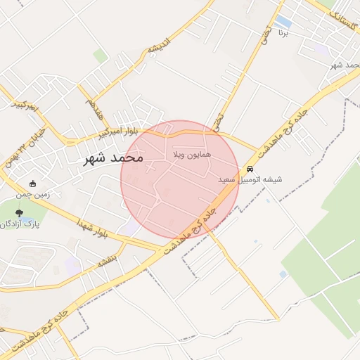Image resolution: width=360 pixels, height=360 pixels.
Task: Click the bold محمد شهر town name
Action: pos(113,157)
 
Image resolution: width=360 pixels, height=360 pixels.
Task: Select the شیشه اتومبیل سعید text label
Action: pos(250,180)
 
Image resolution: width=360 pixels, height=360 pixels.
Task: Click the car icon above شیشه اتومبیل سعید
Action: pos(250,169)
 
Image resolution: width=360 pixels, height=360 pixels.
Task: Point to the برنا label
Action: pos(283,33)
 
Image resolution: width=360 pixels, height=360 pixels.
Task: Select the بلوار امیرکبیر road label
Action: pos(122,131)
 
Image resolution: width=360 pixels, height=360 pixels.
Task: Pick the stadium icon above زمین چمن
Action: pos(33,184)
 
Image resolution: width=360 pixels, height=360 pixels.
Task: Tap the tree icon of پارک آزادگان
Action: pos(18,213)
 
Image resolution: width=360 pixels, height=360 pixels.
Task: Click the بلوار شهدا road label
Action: pos(93,229)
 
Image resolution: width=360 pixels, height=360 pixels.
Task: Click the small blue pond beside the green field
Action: pos(283,274)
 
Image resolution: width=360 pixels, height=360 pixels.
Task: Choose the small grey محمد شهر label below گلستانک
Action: pos(345,65)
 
